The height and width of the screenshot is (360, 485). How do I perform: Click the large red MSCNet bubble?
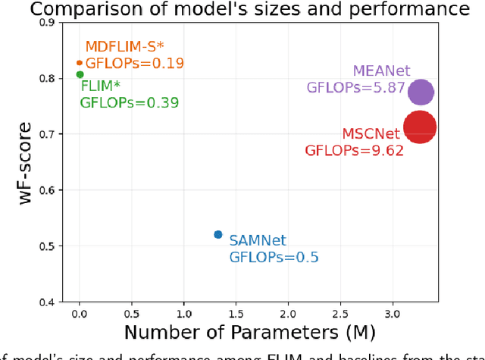click(419, 129)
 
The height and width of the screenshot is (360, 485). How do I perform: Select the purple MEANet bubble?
click(421, 92)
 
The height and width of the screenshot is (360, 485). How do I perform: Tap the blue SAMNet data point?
click(218, 235)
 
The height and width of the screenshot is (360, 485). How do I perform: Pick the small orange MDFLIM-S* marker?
click(80, 63)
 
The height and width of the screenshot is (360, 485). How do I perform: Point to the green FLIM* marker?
click(80, 74)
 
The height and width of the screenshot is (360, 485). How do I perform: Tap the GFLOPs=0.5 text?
click(274, 257)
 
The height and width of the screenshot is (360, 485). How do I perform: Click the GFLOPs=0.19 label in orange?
click(134, 64)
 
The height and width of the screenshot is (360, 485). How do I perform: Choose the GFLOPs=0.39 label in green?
click(130, 102)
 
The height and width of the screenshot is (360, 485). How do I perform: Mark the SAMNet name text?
click(258, 241)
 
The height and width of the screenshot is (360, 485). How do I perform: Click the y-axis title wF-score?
click(26, 163)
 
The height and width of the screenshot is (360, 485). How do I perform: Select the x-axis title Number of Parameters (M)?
click(249, 332)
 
